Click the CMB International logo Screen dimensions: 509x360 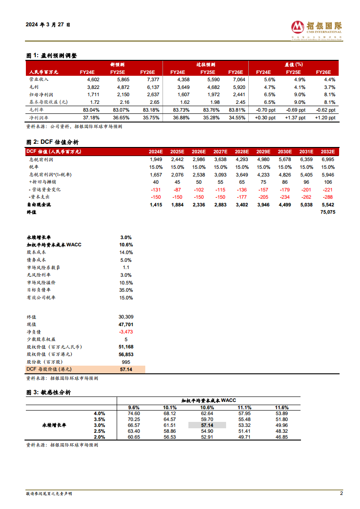tap(316, 28)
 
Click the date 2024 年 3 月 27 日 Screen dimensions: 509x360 tap(48, 24)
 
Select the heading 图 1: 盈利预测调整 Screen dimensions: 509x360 tap(52, 55)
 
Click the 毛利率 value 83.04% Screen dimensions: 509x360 tap(91, 110)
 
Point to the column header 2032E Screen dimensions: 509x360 tap(327, 152)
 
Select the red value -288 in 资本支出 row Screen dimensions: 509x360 tap(328, 197)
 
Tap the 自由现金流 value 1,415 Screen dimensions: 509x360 tap(156, 205)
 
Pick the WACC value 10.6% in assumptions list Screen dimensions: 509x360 tap(126, 245)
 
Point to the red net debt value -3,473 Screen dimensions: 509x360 tap(125, 332)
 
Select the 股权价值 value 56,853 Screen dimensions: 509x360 tap(125, 354)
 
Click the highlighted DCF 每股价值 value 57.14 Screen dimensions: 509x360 tap(126, 370)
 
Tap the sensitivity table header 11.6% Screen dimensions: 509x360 tap(281, 407)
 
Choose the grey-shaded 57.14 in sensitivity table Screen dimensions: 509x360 tap(207, 425)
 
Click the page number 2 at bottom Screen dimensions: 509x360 tap(341, 493)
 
